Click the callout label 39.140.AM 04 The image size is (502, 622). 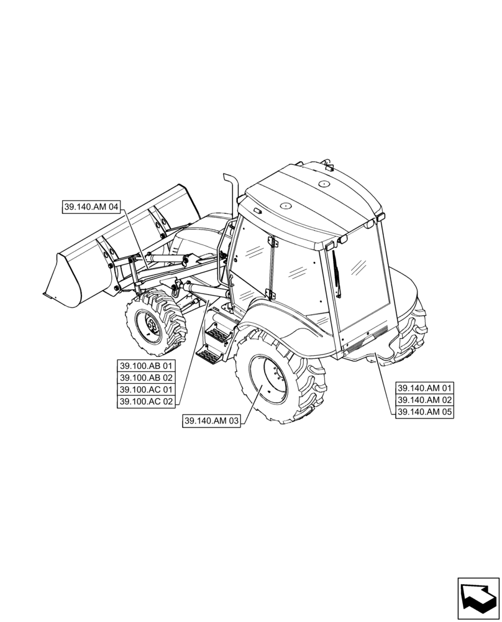[91, 207]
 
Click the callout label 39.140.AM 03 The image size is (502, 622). [212, 422]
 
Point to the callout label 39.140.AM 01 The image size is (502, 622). [425, 388]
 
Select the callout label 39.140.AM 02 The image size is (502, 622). [425, 400]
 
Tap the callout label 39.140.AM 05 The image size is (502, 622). [425, 412]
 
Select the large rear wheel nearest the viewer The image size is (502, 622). [276, 379]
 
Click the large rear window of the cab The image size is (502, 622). [360, 280]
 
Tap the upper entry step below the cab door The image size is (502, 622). [219, 335]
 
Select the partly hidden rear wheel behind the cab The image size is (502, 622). [410, 333]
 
